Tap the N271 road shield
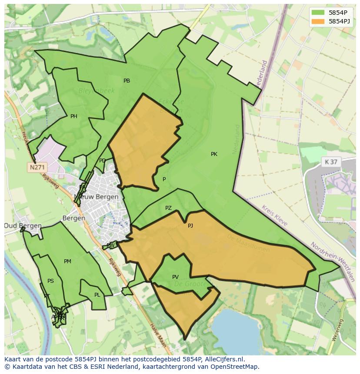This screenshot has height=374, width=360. point(37,167)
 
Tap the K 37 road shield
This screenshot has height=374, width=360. point(331,162)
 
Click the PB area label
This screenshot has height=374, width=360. point(127,81)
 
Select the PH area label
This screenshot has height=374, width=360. point(74,116)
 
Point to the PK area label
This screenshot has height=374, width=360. point(214,154)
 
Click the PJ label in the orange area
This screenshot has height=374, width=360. point(190,226)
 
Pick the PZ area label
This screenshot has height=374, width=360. point(168,209)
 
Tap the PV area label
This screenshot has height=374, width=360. point(175,277)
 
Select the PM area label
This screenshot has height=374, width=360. point(67,261)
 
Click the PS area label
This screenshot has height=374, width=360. point(50,281)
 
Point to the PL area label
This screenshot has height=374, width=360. point(97,295)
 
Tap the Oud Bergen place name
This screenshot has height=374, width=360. point(23,226)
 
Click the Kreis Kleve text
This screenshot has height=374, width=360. point(274,215)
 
